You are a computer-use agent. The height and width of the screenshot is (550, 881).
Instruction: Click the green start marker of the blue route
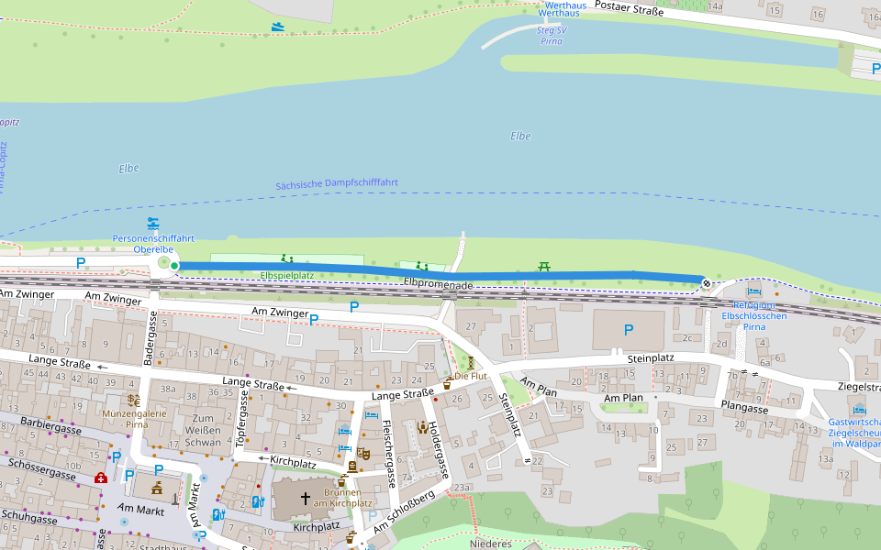pos(174,266)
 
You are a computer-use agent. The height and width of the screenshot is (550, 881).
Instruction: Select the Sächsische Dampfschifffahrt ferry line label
pos(337,184)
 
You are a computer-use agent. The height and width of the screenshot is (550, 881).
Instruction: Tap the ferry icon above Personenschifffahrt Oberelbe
pos(152,223)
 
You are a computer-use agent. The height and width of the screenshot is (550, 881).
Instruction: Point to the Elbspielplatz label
pos(287,275)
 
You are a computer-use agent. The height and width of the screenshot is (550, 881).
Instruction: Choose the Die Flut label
pos(471,376)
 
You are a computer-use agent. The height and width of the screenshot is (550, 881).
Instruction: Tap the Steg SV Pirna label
pos(552,36)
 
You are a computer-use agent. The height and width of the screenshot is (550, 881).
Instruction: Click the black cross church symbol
pos(305,499)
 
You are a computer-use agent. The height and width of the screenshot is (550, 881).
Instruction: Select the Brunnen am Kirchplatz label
pos(342,498)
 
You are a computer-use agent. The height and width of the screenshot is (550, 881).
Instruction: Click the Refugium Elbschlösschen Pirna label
pos(753,316)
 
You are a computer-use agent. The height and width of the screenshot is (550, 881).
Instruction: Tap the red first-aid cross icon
pos(100,478)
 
